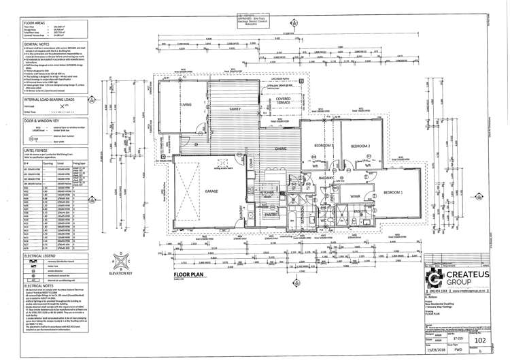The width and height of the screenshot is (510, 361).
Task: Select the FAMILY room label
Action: [236, 108]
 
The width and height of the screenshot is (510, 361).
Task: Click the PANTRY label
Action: [270, 213]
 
